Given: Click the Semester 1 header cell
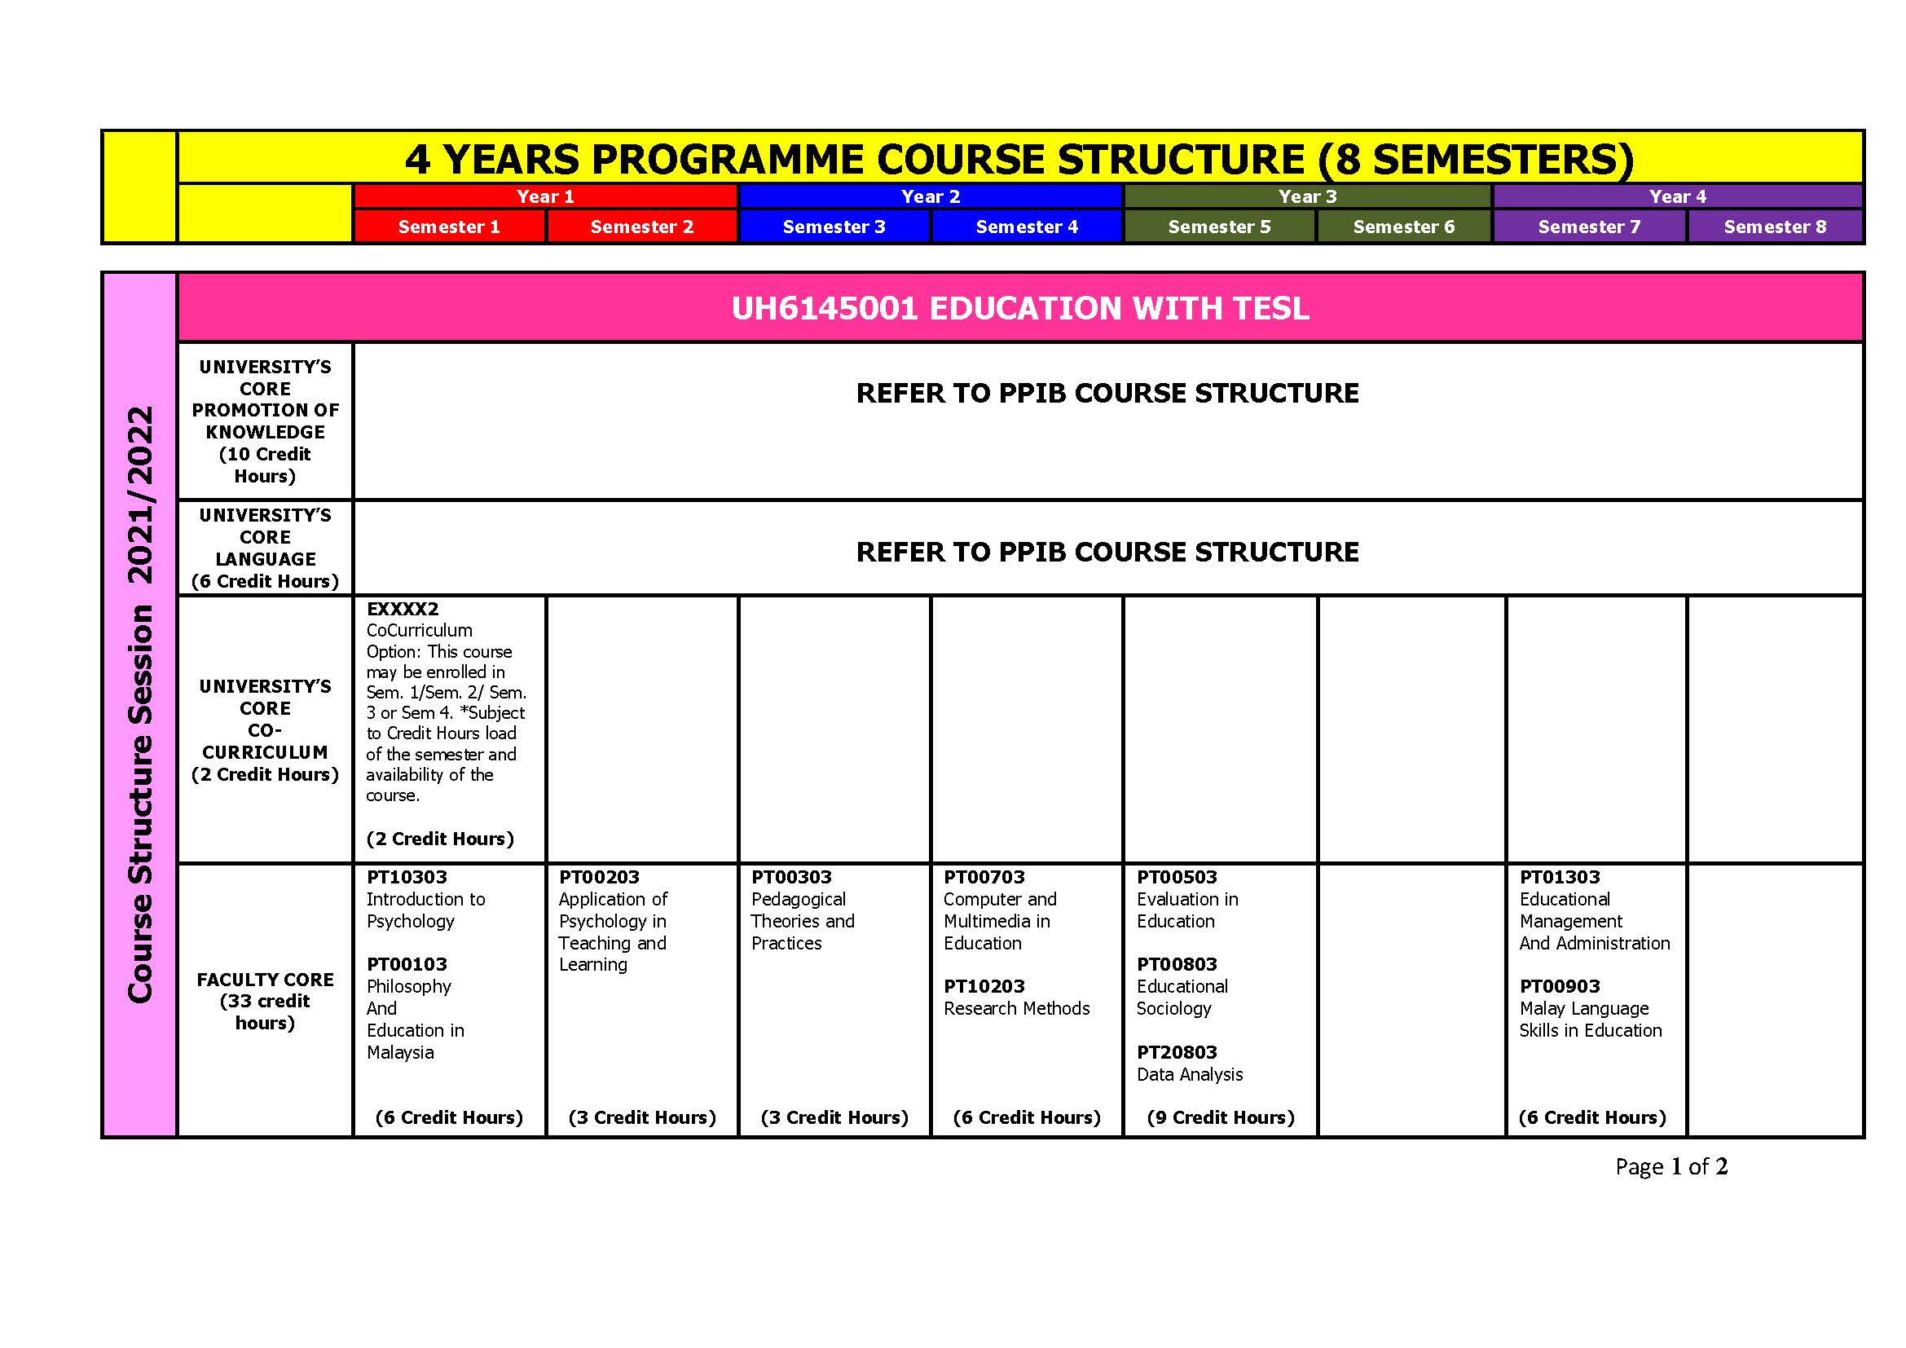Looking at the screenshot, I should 449,227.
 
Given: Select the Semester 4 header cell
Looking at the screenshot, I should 1027,227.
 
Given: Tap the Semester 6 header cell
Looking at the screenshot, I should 1404,227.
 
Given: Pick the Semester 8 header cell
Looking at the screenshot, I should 1775,227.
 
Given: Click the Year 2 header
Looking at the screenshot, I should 931,196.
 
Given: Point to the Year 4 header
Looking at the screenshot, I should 1678,196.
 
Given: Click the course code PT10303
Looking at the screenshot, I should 407,878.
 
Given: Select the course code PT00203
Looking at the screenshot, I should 600,878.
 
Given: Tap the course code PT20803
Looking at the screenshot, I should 1177,1052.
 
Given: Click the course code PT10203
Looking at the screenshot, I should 984,987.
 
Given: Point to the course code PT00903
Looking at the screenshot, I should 1560,987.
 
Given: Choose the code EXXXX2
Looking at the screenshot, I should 403,610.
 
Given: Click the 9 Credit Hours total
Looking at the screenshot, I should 1221,1118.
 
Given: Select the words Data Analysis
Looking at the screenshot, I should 1190,1075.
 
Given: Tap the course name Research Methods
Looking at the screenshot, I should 1017,1008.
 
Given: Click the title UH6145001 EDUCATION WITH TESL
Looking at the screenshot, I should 1020,309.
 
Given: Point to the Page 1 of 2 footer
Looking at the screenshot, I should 1671,1167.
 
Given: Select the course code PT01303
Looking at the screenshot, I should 1560,878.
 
